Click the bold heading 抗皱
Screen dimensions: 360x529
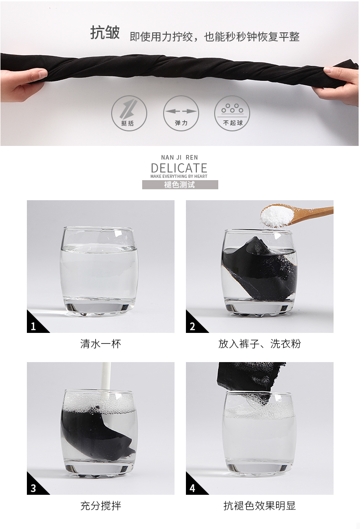tap(105, 33)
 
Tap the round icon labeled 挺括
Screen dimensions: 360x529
tap(129, 114)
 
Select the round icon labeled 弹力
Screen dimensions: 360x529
tap(181, 114)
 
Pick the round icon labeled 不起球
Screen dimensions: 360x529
tap(232, 113)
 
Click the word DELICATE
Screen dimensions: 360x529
tap(179, 168)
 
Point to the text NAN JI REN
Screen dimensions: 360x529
tap(180, 157)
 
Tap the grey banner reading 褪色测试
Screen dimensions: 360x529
tap(180, 185)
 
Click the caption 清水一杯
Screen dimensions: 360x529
tap(100, 344)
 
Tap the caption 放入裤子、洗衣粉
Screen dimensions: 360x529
tap(260, 344)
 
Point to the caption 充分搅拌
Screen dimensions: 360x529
tap(100, 506)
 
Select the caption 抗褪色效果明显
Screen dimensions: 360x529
tap(260, 506)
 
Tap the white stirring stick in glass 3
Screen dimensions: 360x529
tap(106, 381)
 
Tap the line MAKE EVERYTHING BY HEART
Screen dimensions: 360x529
tap(179, 176)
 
